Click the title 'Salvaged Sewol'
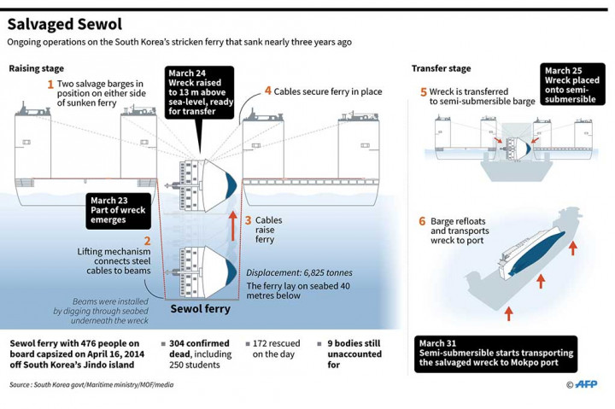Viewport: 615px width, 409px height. coord(65,24)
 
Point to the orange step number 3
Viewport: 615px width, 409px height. coord(249,220)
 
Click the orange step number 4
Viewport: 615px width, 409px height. coord(267,91)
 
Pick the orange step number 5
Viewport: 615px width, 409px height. coord(424,91)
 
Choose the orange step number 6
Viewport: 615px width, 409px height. coord(422,220)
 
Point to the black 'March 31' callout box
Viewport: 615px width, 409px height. coord(495,353)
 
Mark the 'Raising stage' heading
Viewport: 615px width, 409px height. coord(36,68)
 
